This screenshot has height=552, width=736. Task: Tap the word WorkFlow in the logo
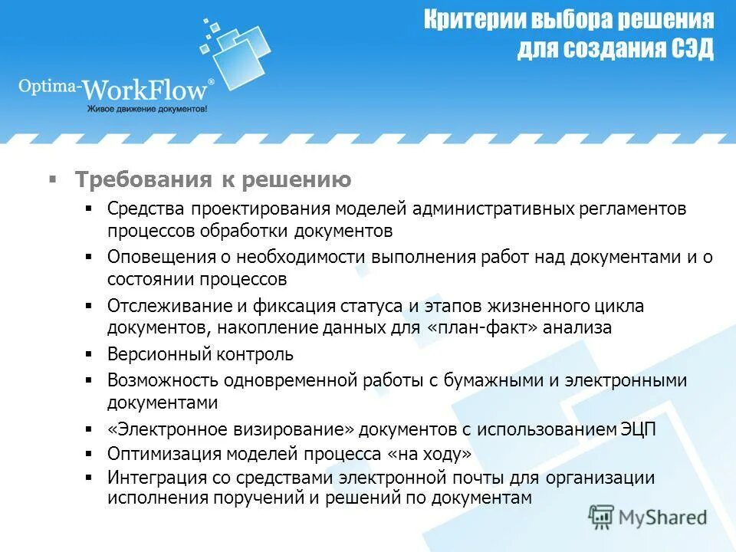145,90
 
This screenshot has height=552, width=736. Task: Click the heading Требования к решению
213,180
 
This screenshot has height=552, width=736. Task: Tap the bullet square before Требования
53,179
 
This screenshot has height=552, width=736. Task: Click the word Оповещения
159,257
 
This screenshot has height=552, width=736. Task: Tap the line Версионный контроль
200,354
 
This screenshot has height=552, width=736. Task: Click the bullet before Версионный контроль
89,355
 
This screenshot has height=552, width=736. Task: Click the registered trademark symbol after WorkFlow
212,79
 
